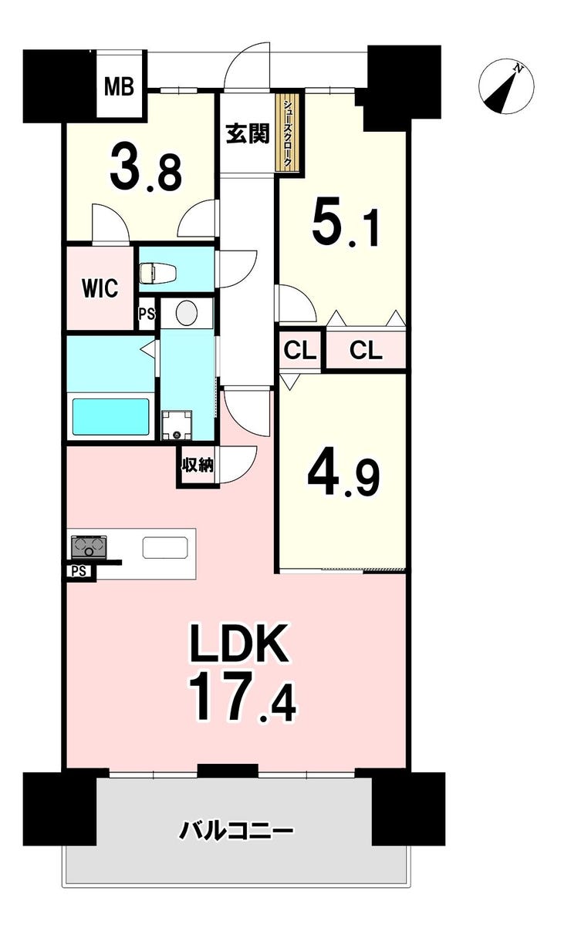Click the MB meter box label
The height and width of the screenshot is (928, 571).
point(119,87)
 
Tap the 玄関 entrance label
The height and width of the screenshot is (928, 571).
point(248,134)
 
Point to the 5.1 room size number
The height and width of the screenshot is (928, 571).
point(346,226)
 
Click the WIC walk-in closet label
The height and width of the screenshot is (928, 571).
point(100,288)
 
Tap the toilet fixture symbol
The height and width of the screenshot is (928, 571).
point(158,273)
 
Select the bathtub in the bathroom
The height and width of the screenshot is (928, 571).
point(111,416)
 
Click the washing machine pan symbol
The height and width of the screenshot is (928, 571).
point(177,425)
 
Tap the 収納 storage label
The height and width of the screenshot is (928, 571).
point(198,466)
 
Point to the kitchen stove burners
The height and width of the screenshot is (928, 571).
point(90,546)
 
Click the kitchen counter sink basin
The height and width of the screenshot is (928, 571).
point(165,547)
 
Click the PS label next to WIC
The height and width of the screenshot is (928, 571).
point(147,314)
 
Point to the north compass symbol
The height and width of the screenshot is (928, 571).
point(506,86)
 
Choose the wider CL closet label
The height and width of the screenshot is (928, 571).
point(365,351)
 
